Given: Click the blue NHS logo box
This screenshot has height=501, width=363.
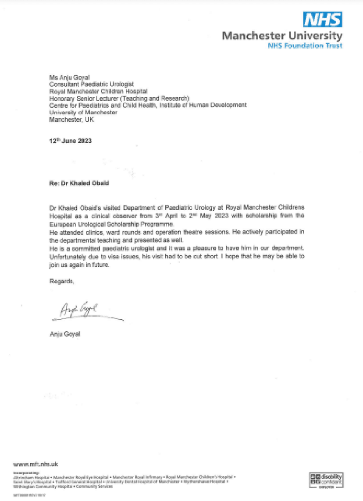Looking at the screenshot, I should point(323,19).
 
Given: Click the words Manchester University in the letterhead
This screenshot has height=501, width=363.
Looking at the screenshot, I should point(282,35).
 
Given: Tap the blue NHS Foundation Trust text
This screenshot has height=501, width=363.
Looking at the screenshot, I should point(305,46).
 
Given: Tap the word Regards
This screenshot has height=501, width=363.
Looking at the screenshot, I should point(62,282).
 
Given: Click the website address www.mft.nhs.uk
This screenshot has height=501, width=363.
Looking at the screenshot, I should point(36,464).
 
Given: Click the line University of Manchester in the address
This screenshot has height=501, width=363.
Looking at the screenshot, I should point(83,112).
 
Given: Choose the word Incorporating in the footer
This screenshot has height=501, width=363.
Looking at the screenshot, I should point(25,473).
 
